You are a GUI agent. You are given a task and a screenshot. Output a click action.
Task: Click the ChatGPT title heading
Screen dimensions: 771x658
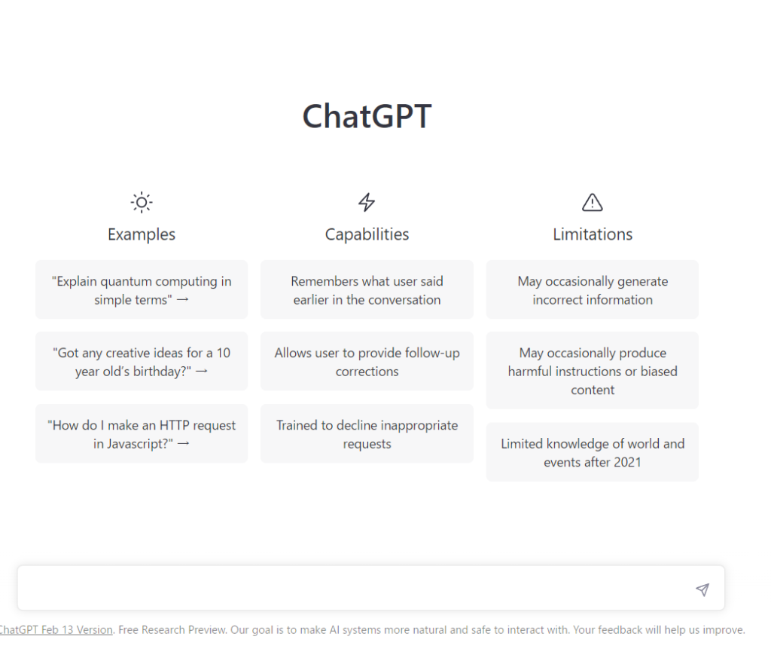[367, 117]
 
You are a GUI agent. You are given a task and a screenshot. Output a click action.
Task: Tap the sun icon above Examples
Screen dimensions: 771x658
[142, 202]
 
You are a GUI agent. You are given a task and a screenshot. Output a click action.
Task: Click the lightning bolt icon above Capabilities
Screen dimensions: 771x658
[367, 202]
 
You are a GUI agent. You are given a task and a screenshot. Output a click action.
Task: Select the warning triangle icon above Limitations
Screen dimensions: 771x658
[593, 202]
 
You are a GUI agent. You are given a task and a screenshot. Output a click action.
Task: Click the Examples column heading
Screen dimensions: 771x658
[142, 234]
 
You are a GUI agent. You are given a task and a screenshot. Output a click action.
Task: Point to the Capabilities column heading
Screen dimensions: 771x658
[367, 234]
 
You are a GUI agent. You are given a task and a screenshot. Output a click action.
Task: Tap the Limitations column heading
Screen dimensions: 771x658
[593, 234]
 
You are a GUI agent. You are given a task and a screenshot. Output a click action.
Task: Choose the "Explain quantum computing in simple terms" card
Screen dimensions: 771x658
[142, 290]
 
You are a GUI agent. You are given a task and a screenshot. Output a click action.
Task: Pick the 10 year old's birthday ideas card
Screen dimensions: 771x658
[142, 362]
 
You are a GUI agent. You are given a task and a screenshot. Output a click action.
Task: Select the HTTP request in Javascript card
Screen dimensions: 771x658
[142, 433]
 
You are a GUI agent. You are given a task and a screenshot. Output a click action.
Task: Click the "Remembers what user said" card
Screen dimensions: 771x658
[367, 290]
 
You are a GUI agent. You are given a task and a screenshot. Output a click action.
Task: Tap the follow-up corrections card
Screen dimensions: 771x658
[367, 362]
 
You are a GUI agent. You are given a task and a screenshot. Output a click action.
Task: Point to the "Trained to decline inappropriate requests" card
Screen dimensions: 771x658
[367, 433]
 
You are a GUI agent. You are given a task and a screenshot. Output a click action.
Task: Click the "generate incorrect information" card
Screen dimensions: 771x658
[593, 290]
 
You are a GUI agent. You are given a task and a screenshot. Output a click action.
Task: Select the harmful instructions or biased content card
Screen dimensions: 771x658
[593, 371]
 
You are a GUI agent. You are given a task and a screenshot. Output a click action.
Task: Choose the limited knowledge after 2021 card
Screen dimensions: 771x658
[593, 452]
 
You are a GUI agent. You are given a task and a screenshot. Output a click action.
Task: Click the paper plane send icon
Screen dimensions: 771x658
[702, 589]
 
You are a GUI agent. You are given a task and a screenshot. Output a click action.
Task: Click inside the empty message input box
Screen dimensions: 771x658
[354, 588]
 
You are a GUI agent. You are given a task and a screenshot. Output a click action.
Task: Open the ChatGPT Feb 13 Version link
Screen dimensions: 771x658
[56, 630]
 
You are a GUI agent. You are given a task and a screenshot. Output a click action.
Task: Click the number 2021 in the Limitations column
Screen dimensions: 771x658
[626, 462]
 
